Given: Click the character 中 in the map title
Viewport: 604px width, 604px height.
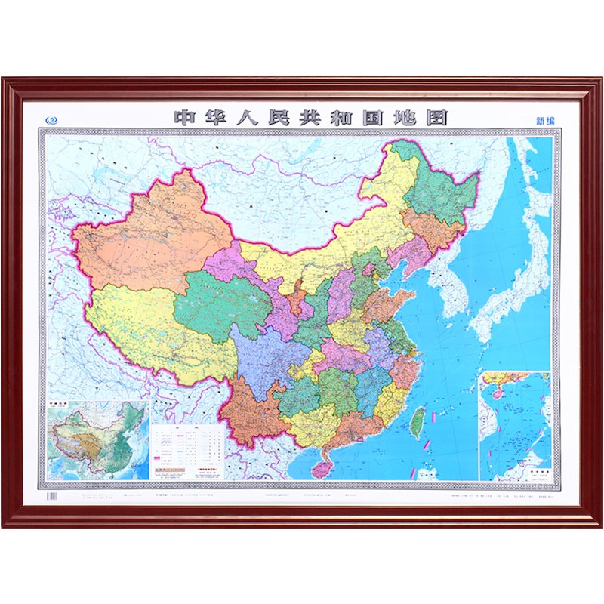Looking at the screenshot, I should click(x=184, y=118).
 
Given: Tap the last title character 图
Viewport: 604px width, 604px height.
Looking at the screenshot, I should click(x=436, y=118).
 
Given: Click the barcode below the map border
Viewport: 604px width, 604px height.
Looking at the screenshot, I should click(x=52, y=497).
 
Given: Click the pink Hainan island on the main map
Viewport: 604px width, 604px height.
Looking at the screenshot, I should click(x=322, y=469).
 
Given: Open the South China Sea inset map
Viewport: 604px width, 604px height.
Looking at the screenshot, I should click(x=516, y=427).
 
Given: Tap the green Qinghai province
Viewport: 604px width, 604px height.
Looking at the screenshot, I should click(x=219, y=302).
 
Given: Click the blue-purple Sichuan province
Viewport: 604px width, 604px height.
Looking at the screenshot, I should click(x=268, y=355).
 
